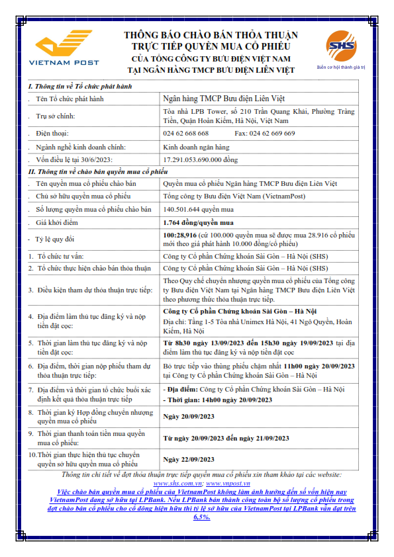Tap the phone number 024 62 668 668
point(186,133)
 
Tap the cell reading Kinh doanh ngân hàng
point(196,146)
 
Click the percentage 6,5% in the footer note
point(201,517)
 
